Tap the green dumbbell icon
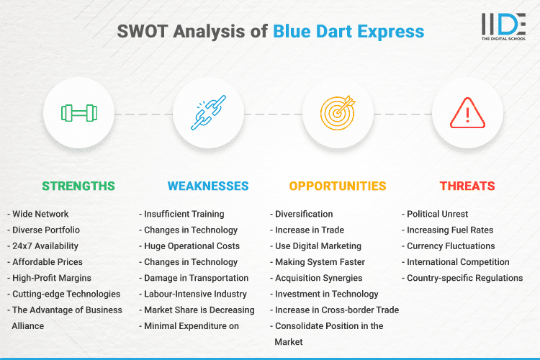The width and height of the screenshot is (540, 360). [78, 113]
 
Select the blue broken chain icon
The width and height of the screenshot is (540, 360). [208, 113]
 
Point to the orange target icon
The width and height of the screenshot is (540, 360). [338, 113]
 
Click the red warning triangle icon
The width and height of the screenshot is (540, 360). [467, 113]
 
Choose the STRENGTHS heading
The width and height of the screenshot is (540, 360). [78, 186]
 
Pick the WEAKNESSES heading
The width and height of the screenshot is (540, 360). [208, 186]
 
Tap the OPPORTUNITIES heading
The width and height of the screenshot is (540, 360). [338, 186]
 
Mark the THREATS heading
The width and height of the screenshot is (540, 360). [467, 186]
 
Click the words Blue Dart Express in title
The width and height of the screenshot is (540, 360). [348, 32]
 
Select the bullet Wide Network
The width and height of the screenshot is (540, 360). [42, 214]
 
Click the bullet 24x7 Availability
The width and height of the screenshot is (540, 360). [45, 246]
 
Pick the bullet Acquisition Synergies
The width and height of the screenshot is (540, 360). [318, 278]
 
